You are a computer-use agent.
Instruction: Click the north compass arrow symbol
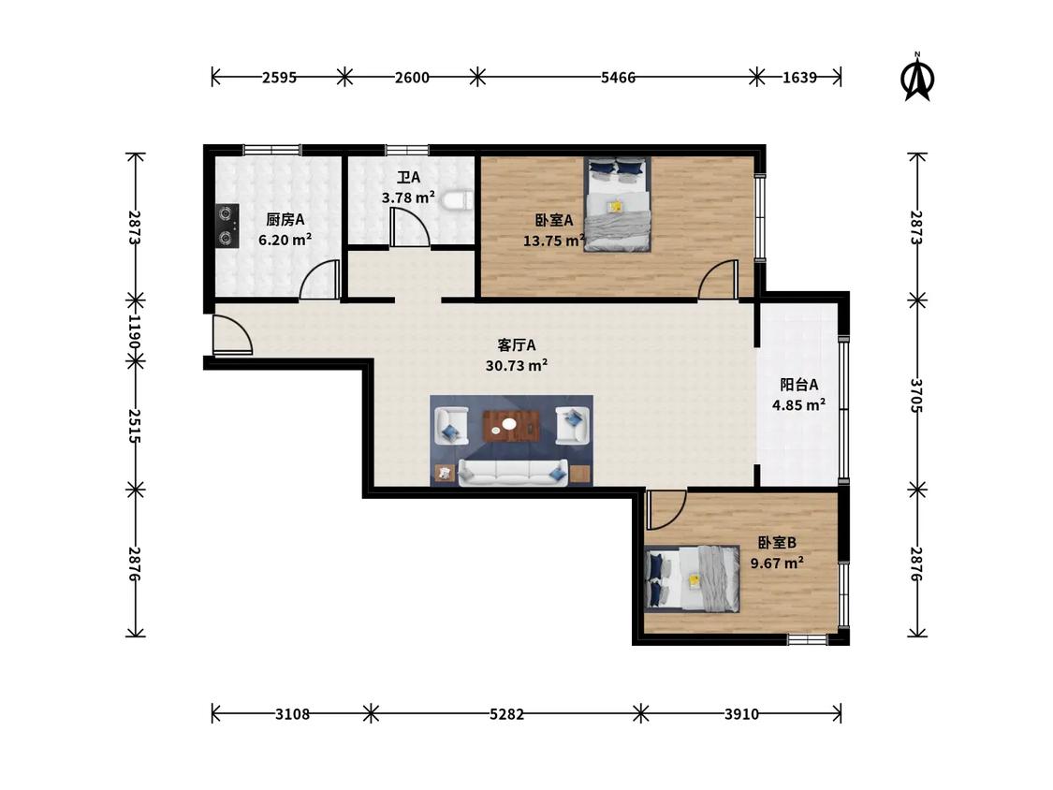tap(916, 78)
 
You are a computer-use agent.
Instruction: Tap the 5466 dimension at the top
tap(618, 78)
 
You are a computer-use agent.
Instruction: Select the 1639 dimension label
tap(799, 78)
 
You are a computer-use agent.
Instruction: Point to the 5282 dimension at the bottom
tap(506, 714)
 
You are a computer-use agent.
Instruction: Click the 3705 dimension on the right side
tap(916, 395)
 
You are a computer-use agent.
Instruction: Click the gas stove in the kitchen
tap(227, 225)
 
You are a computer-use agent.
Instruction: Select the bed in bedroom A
tap(617, 204)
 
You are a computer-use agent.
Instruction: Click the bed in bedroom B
tap(693, 579)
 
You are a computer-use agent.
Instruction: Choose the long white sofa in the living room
tap(513, 473)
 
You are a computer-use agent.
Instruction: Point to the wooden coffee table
tap(512, 426)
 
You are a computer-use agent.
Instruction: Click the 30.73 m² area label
tap(517, 365)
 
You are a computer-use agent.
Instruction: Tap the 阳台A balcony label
tap(799, 385)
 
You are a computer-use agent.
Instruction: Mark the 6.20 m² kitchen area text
tap(285, 240)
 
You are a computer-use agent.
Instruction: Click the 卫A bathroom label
tap(408, 177)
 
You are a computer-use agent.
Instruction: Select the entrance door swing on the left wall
tap(232, 334)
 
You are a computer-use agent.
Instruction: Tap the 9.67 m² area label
tap(777, 563)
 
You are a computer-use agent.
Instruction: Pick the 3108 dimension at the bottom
tap(292, 714)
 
